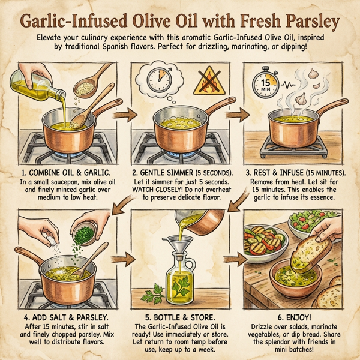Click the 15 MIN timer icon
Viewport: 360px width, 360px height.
coord(263,82)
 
